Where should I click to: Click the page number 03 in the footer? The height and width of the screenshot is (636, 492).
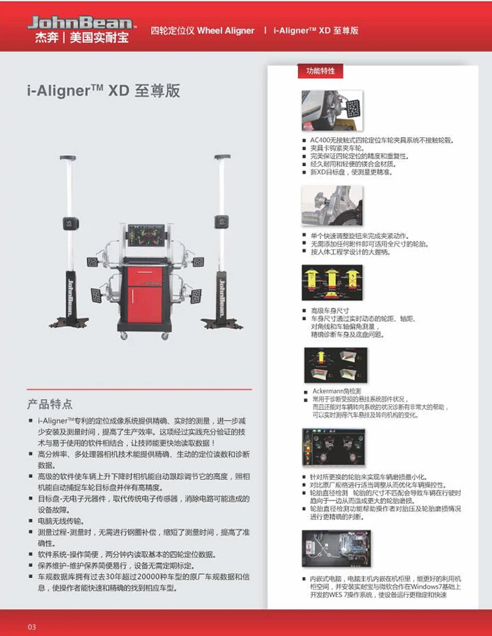[x=32, y=626]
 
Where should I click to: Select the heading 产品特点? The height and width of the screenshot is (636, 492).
[x=49, y=404]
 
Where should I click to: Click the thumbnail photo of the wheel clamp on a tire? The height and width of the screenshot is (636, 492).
[x=332, y=110]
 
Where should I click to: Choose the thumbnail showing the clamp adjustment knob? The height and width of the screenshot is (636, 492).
[x=332, y=205]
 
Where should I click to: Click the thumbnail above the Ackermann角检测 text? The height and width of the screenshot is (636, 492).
[x=335, y=365]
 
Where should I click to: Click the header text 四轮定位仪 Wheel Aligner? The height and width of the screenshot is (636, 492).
[x=202, y=31]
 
